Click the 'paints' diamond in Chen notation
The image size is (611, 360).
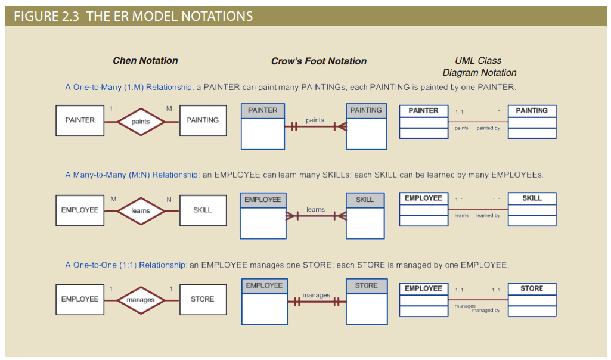coord(141,121)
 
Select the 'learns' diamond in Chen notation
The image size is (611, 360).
coord(141,210)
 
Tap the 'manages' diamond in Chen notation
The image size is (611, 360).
coord(141,300)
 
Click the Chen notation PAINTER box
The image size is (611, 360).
coord(80,120)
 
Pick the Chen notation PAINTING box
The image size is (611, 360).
coord(203,120)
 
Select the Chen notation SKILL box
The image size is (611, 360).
coord(203,210)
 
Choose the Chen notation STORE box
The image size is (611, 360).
coord(203,299)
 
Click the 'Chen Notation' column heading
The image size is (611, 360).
coord(145,61)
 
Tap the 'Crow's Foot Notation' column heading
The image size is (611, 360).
coord(318,61)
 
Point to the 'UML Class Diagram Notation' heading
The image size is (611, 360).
coord(479,67)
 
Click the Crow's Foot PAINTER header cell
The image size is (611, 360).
coord(263,111)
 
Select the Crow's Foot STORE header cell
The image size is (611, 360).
coord(366,286)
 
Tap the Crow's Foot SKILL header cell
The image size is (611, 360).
coord(365,200)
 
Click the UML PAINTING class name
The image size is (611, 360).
coord(532,111)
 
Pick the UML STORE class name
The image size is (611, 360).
coord(532,288)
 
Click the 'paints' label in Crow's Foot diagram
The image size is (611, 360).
coord(315,120)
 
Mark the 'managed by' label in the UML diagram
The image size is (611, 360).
coord(486,311)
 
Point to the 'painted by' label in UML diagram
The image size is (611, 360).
coord(488,128)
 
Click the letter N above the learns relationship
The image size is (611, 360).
coord(169,199)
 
